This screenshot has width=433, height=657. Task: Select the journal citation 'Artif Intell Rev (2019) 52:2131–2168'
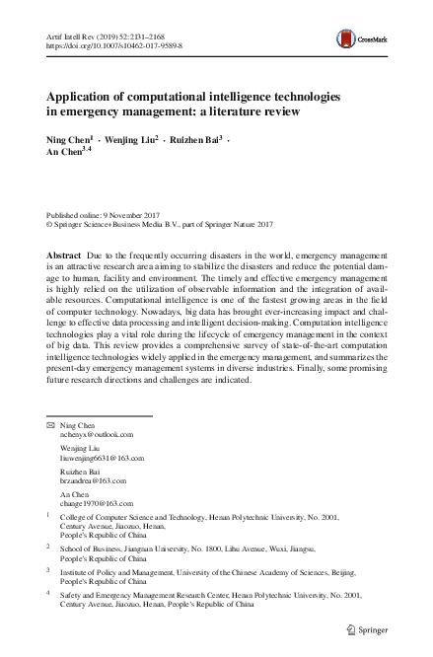tap(105, 36)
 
